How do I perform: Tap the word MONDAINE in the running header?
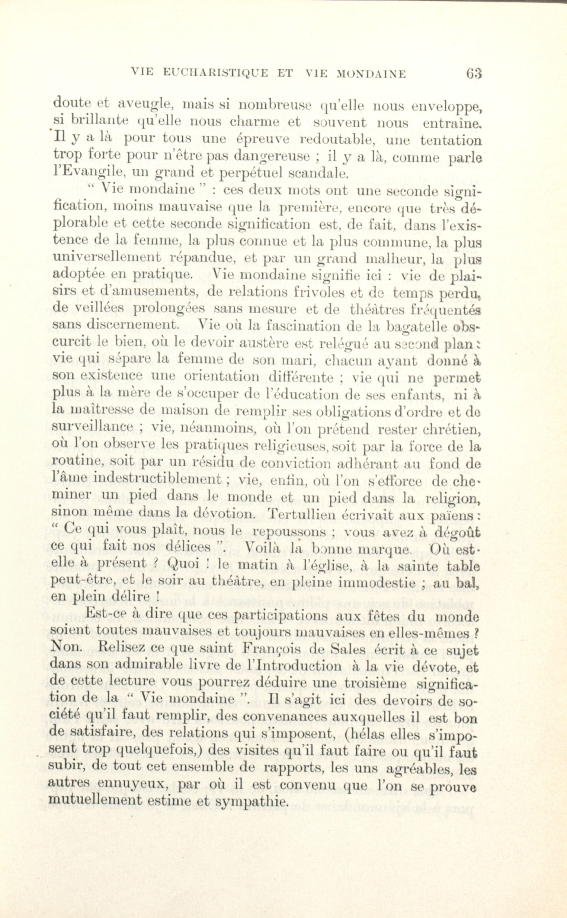pyautogui.click(x=372, y=74)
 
